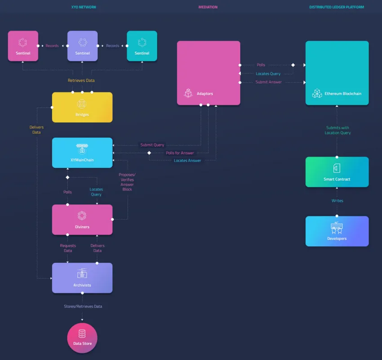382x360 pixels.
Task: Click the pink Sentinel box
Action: coord(23,46)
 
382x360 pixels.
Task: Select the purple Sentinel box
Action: coord(82,46)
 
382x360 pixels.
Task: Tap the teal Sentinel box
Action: coord(142,46)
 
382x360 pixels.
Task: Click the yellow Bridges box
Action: coord(82,107)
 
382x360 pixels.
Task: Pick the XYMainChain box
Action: coord(82,153)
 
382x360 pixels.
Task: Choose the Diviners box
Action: coord(82,220)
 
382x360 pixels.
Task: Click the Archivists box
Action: coord(82,278)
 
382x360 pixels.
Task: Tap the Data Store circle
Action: coord(82,338)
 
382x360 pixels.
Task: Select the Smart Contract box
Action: coord(337,172)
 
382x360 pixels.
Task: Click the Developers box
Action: coord(337,231)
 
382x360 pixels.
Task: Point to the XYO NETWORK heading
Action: coord(84,7)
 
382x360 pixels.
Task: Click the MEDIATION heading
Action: coord(208,7)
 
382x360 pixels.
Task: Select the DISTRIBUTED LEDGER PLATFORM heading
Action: coord(337,7)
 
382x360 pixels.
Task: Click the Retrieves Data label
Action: coord(81,80)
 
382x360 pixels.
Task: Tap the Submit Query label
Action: coord(152,145)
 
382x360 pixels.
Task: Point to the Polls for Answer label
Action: coord(180,153)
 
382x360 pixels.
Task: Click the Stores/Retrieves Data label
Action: coord(83,306)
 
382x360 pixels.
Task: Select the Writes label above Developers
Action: coord(337,201)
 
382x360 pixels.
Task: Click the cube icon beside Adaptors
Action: coord(188,93)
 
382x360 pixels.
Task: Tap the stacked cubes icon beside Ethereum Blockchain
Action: coord(317,93)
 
